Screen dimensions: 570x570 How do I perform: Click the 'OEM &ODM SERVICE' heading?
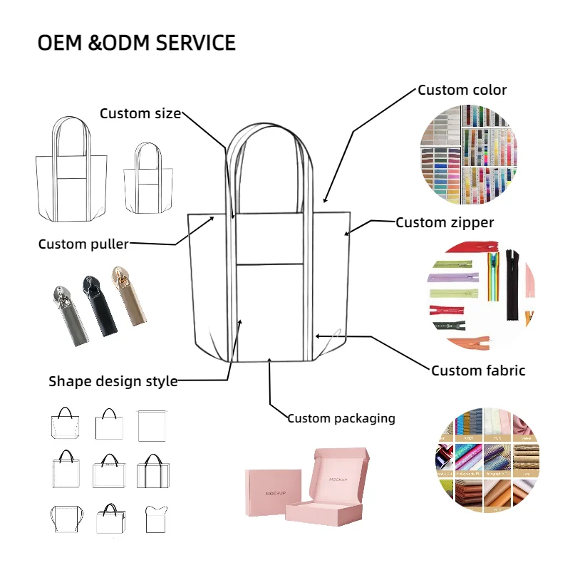(x=136, y=43)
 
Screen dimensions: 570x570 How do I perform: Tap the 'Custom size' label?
(x=140, y=113)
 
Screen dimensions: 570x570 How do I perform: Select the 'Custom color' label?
(x=462, y=90)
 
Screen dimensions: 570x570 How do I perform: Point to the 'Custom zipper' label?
(x=445, y=222)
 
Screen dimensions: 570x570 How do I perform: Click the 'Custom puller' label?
(x=83, y=244)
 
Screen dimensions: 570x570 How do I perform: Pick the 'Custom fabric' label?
(x=478, y=370)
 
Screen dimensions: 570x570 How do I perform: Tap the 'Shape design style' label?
(x=113, y=381)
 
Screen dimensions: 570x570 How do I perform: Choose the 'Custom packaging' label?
(x=341, y=418)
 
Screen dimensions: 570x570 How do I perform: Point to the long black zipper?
(x=512, y=284)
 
